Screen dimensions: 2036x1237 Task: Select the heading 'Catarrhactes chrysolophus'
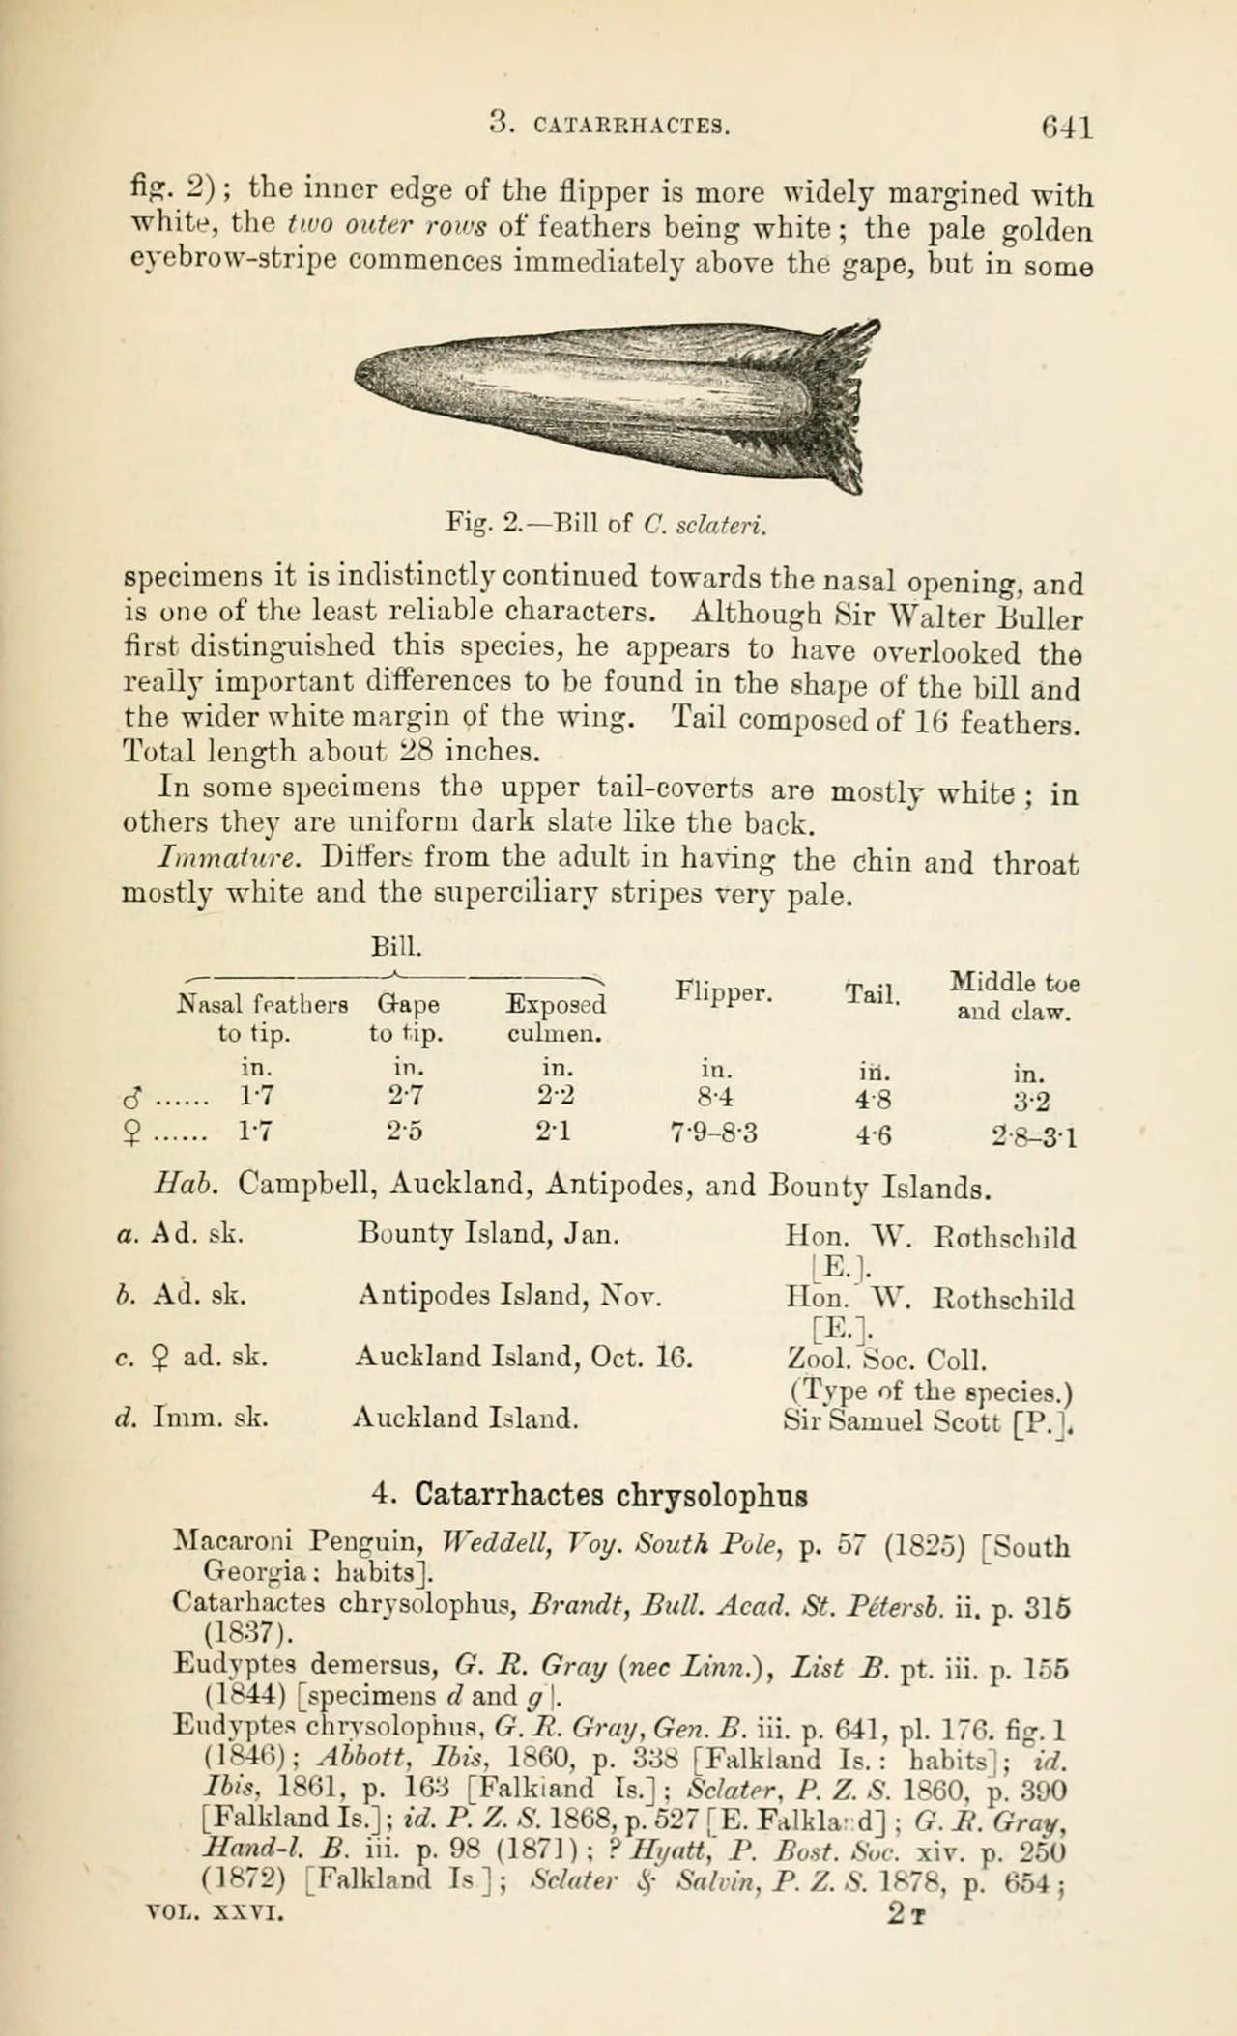point(611,1496)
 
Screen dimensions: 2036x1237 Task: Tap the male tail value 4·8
point(873,1100)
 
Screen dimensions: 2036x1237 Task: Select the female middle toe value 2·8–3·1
point(1035,1135)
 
